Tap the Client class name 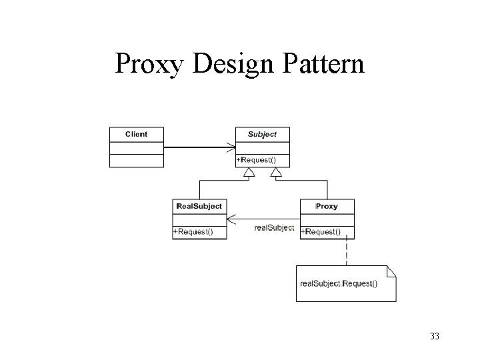[136, 134]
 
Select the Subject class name [262, 134]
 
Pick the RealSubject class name [199, 206]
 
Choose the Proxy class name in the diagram [327, 206]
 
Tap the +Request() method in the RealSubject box [193, 231]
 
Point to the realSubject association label [274, 228]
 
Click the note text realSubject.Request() [339, 283]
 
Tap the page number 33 [435, 336]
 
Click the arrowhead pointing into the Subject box [231, 147]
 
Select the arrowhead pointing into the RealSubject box [231, 219]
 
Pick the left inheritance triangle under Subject [249, 173]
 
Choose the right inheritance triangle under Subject [276, 173]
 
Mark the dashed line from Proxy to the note [346, 252]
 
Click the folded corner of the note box [391, 270]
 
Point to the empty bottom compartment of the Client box [136, 160]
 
